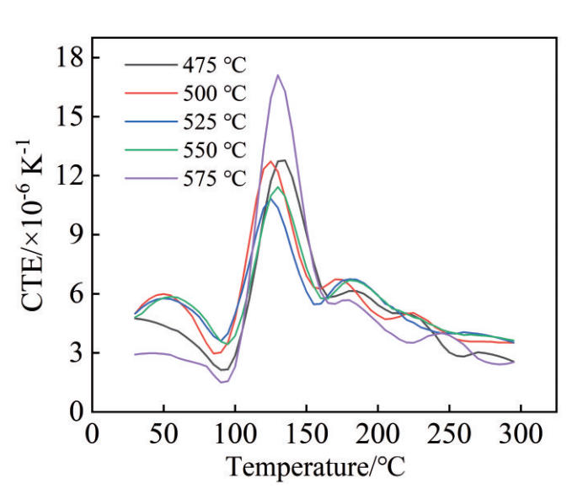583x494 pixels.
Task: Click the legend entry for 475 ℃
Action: [x=213, y=63]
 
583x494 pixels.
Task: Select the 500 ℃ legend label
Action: [x=213, y=92]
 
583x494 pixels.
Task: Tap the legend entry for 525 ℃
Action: [x=213, y=121]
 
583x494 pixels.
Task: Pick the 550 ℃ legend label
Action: [x=213, y=150]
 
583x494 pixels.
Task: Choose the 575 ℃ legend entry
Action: [x=213, y=179]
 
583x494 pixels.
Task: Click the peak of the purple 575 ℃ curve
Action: [x=277, y=75]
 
